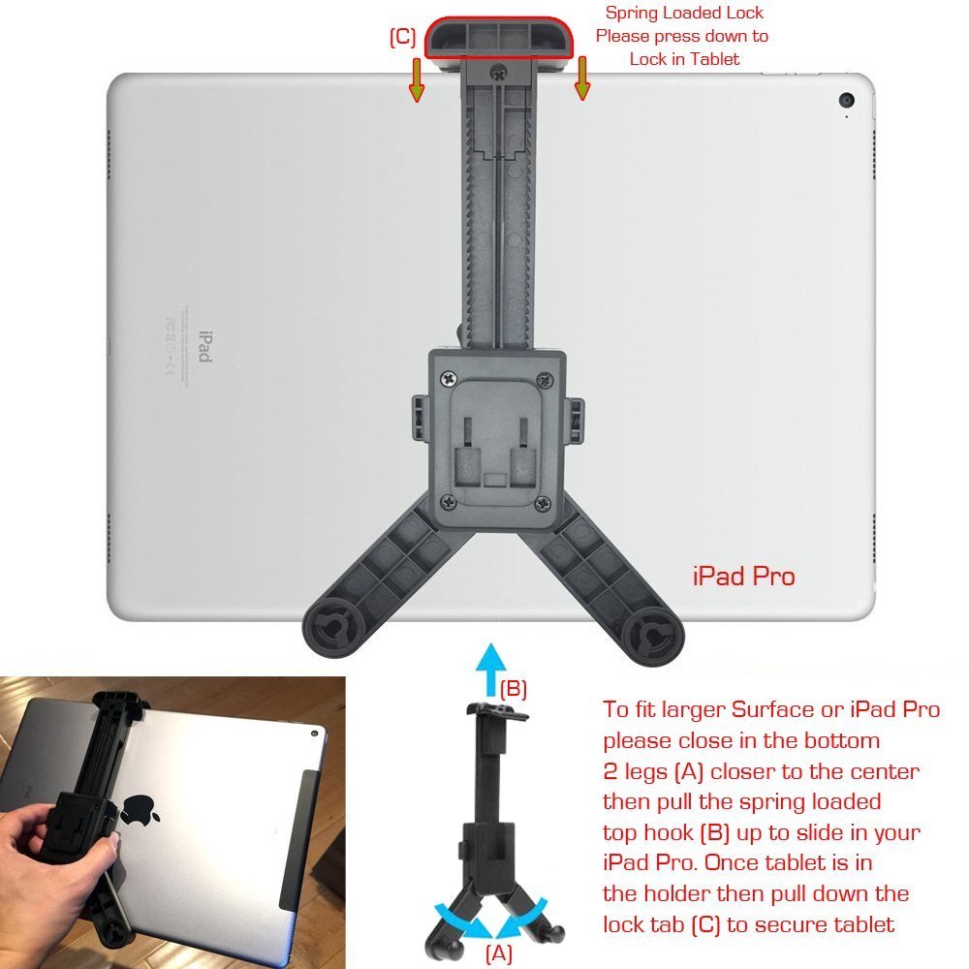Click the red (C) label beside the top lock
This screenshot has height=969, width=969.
[x=402, y=38]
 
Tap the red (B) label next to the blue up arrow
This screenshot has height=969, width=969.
[x=513, y=689]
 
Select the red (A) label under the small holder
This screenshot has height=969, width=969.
[x=498, y=953]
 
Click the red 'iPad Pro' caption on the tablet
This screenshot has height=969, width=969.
[x=743, y=577]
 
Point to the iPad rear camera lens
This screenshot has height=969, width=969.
[x=847, y=100]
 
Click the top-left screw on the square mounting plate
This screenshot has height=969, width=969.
[x=448, y=373]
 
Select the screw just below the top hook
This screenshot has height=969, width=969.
[x=498, y=70]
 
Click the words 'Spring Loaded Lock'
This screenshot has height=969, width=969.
[x=684, y=14]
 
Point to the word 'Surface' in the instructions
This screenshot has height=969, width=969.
[x=772, y=709]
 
